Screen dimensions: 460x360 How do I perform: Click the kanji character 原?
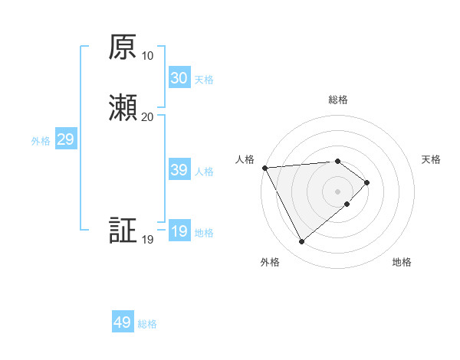tap(123, 48)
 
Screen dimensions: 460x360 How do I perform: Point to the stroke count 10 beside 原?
tap(148, 56)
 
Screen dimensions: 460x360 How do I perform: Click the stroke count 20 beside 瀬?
tap(148, 116)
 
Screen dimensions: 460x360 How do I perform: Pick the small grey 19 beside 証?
tap(148, 240)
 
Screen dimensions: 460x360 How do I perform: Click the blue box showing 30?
tap(179, 78)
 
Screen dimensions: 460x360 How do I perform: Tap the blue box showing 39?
tap(179, 170)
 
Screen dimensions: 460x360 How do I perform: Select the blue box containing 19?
tap(179, 231)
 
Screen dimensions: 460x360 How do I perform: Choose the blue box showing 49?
tap(123, 322)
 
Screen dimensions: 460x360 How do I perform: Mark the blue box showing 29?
tap(65, 139)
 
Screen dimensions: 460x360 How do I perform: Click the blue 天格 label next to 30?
tap(204, 80)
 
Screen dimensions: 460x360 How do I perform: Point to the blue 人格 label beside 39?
tap(204, 172)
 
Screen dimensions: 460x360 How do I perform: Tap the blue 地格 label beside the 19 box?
tap(204, 233)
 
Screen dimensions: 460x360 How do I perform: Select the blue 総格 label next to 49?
tap(147, 324)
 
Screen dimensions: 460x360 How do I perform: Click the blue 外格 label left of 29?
tap(41, 141)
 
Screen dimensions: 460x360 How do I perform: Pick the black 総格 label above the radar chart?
tap(338, 100)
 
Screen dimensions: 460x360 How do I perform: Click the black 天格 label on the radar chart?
tap(432, 159)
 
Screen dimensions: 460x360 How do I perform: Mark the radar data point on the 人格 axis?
tap(264, 168)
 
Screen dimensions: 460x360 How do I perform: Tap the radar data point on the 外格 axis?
tap(301, 242)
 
